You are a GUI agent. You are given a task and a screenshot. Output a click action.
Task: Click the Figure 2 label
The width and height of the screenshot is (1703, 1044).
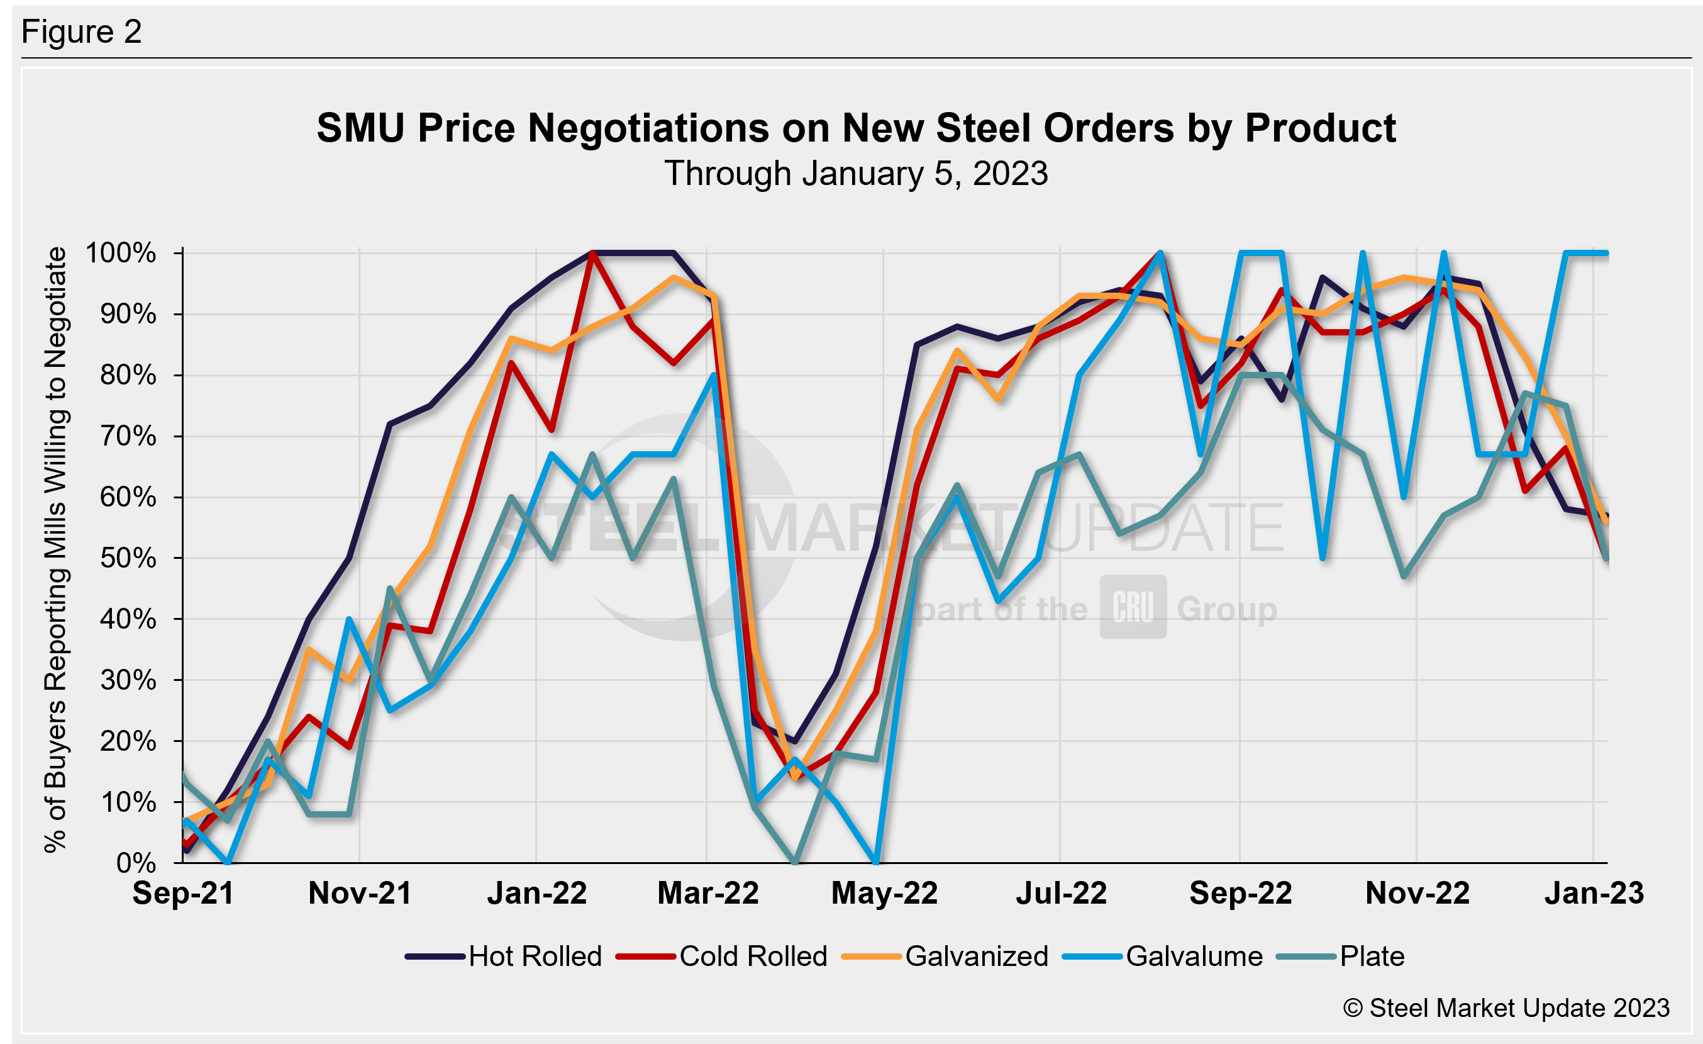coord(82,32)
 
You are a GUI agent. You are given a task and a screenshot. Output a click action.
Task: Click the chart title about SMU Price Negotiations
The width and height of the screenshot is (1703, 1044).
coord(856,128)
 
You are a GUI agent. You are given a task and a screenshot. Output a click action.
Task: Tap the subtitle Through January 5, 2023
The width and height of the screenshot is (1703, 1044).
coord(856,174)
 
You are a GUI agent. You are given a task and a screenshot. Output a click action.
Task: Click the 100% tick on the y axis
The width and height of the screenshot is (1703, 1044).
coord(121,253)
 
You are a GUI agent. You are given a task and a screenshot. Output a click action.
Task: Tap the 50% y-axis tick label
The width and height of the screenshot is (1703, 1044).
coord(128,559)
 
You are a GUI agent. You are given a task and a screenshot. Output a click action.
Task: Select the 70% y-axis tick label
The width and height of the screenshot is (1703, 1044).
coord(128,436)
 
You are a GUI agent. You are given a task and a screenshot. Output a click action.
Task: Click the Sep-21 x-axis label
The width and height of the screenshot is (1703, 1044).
coord(183,893)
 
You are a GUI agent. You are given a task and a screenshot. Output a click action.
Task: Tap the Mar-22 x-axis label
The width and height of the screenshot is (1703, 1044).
coord(707,893)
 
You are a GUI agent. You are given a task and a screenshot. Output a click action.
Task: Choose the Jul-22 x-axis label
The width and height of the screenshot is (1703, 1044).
coord(1061,893)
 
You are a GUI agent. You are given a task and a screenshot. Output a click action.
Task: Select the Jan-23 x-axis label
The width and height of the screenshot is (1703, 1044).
coord(1594,893)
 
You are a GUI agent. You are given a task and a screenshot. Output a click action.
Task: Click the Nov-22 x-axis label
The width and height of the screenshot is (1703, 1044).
coord(1417,893)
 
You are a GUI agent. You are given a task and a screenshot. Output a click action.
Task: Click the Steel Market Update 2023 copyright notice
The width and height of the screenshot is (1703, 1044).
coord(1506,1008)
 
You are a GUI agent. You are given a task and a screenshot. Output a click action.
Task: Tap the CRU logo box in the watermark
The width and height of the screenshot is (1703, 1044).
coord(1133,607)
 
